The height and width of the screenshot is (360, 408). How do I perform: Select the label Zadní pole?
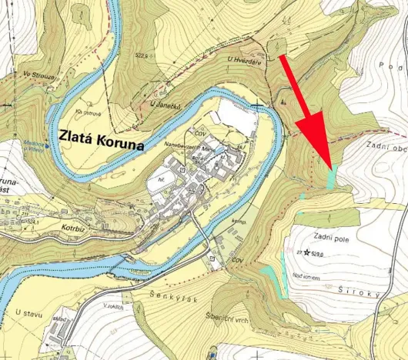[333, 238]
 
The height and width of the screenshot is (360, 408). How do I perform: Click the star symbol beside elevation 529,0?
[307, 252]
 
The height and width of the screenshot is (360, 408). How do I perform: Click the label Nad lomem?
[306, 277]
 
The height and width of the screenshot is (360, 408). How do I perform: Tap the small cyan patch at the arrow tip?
[332, 178]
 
